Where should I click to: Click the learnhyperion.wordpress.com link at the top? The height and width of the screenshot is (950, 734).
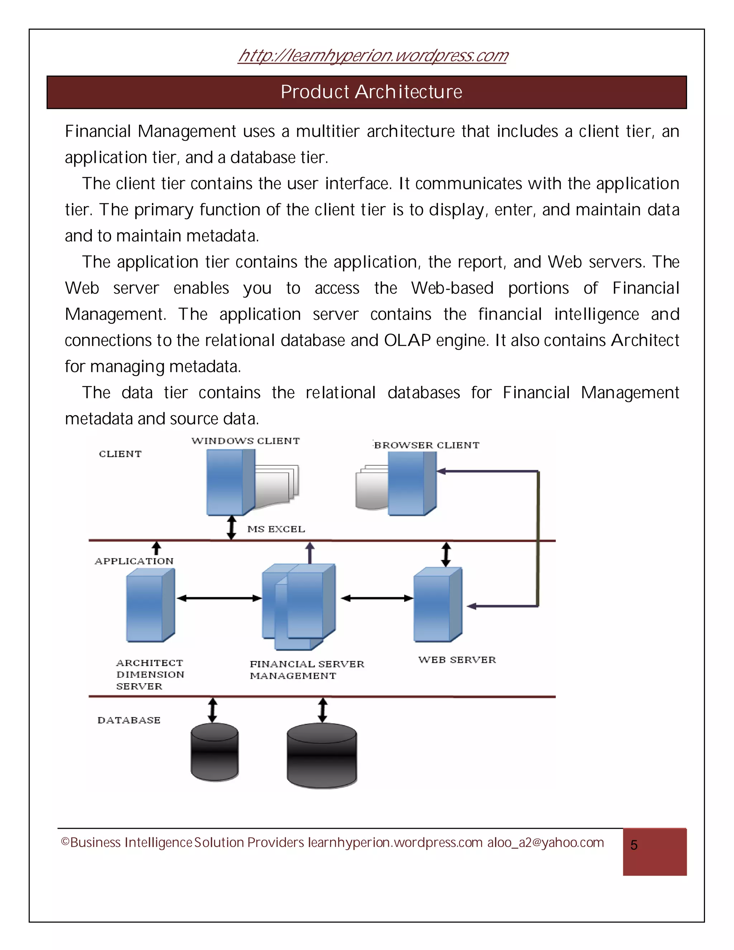[373, 56]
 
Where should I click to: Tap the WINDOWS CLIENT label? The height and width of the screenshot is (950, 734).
[246, 441]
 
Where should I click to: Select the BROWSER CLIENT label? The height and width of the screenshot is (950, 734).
[426, 445]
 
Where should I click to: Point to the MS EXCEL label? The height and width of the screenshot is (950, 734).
[276, 529]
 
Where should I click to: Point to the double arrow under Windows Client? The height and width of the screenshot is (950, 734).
[232, 528]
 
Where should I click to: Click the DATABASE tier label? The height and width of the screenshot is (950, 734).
[129, 720]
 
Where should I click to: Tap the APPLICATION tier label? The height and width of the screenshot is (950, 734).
[134, 561]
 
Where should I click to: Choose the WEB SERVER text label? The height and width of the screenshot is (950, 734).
[457, 660]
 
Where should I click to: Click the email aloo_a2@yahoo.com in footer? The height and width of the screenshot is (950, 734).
[545, 842]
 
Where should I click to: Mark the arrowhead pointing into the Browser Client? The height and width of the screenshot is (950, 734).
[441, 471]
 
